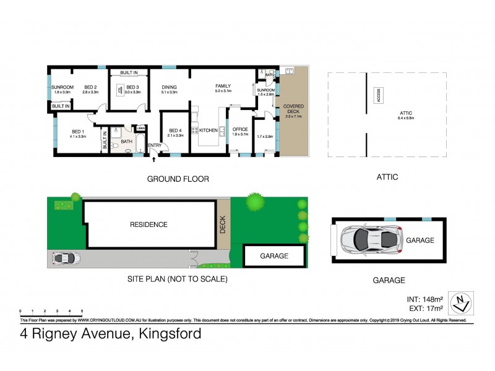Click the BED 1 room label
click(77, 131)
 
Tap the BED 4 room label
click(175, 130)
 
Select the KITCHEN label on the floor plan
click(209, 130)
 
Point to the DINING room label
click(170, 87)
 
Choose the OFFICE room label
click(240, 129)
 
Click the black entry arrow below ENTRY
click(154, 160)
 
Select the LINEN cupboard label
click(141, 128)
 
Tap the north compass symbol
click(460, 303)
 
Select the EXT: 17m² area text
click(428, 308)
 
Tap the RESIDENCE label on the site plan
click(148, 224)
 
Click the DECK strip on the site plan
click(223, 224)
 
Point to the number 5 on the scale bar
click(82, 310)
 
